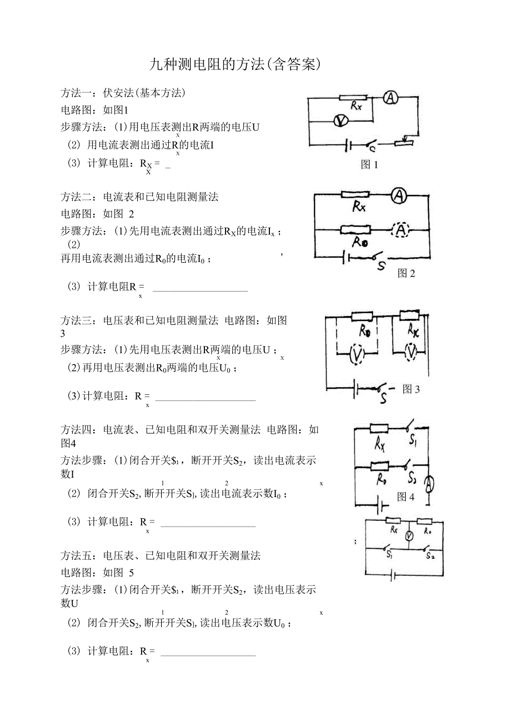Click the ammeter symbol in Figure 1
tap(390, 98)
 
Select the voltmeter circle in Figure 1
tap(336, 121)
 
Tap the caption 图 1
tap(369, 164)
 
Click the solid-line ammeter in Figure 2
tap(399, 195)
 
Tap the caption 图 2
tap(406, 273)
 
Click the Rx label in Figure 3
tap(413, 332)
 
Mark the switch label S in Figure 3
tap(384, 398)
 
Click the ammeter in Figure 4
tap(429, 485)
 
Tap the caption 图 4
tap(405, 497)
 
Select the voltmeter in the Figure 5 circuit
tap(409, 537)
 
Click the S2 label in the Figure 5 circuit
tap(429, 554)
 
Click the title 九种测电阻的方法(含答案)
tap(236, 64)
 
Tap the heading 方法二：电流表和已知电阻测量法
tap(139, 197)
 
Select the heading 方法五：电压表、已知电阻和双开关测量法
tap(161, 555)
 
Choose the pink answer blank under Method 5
tap(208, 655)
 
